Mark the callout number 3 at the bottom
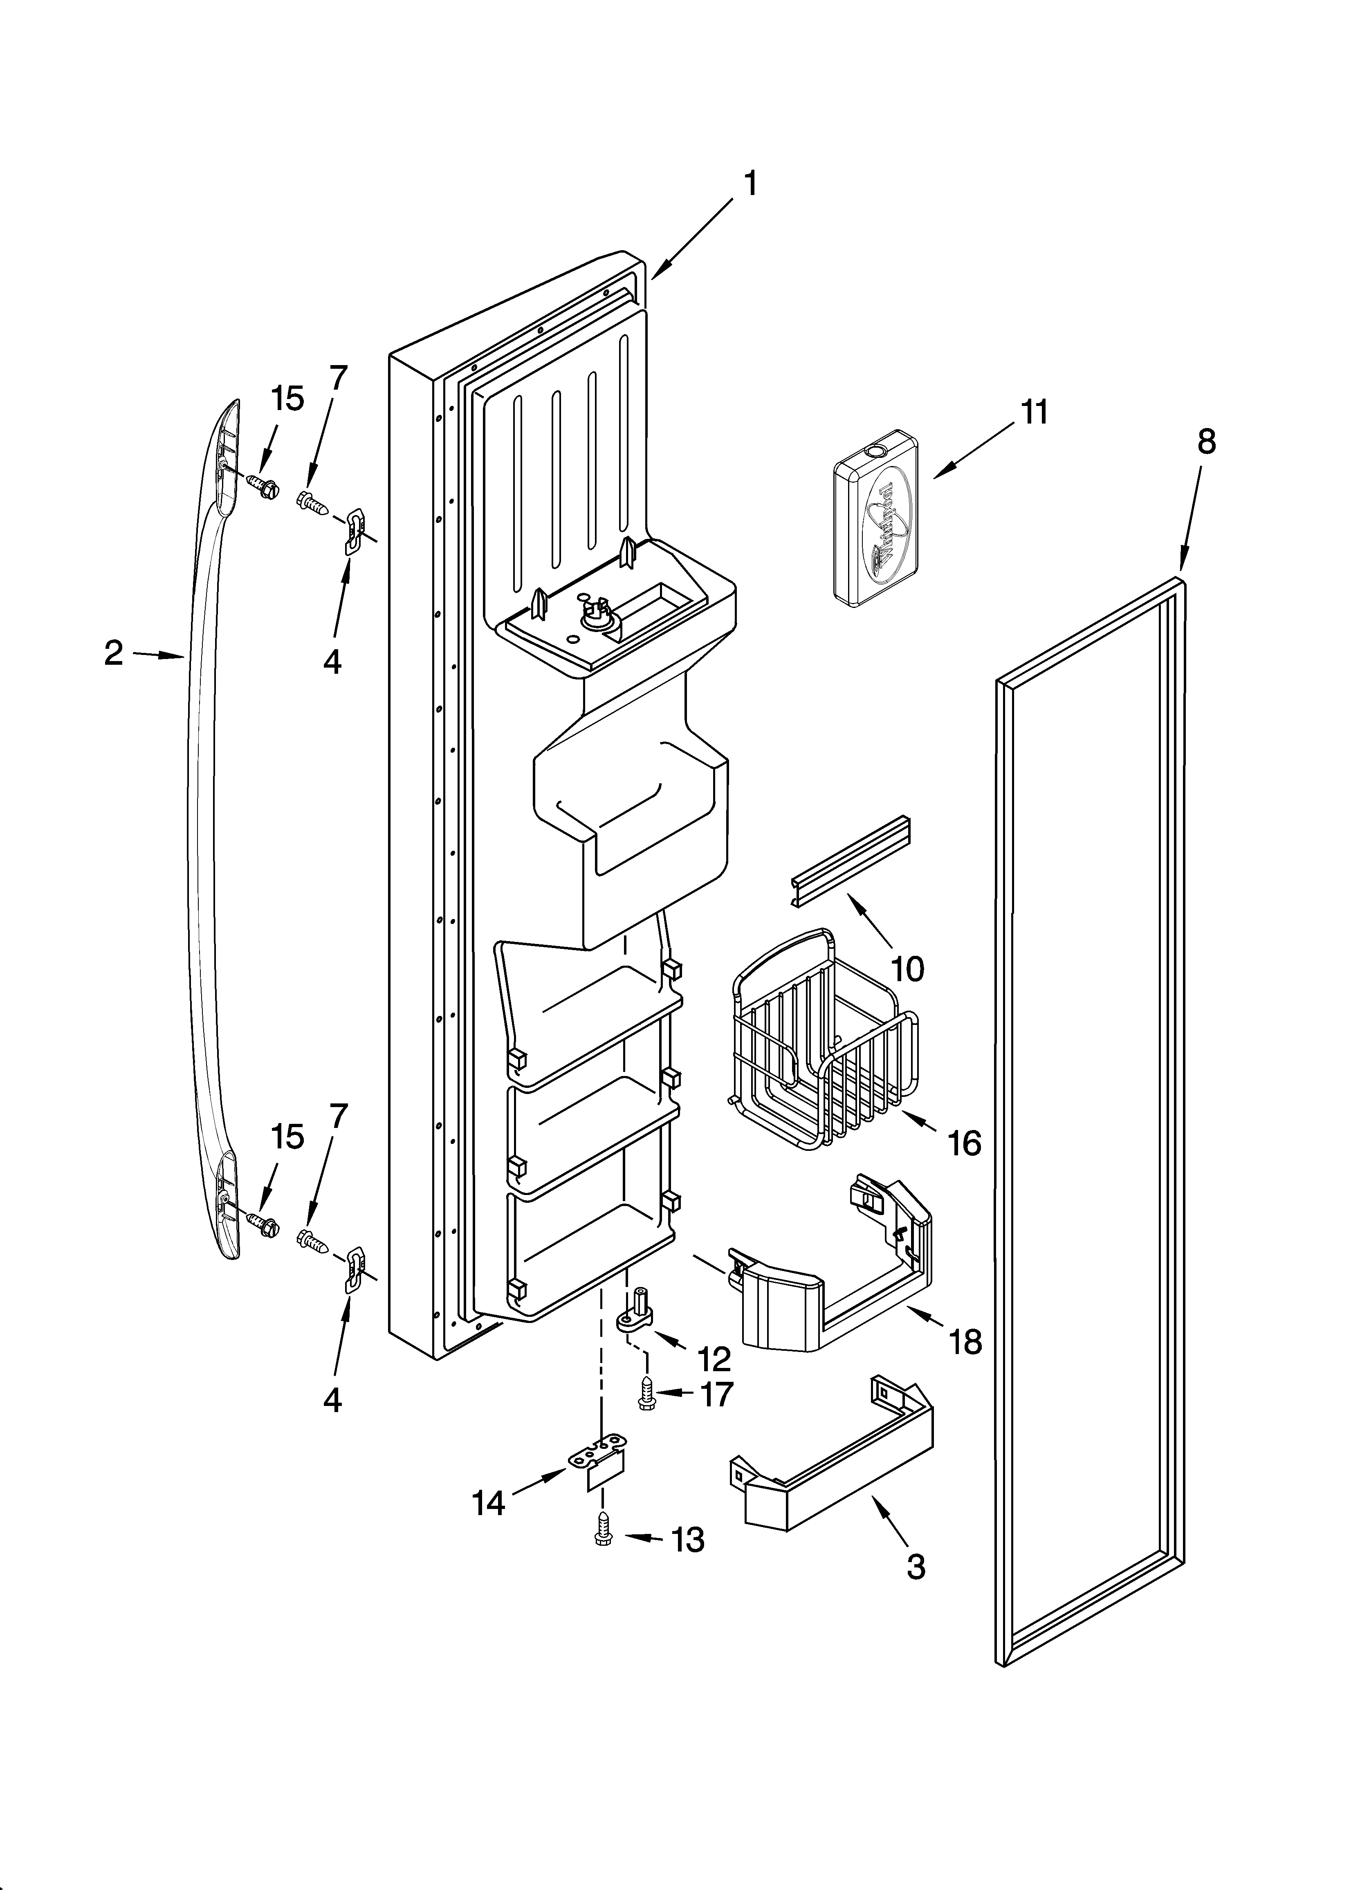[916, 1567]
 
